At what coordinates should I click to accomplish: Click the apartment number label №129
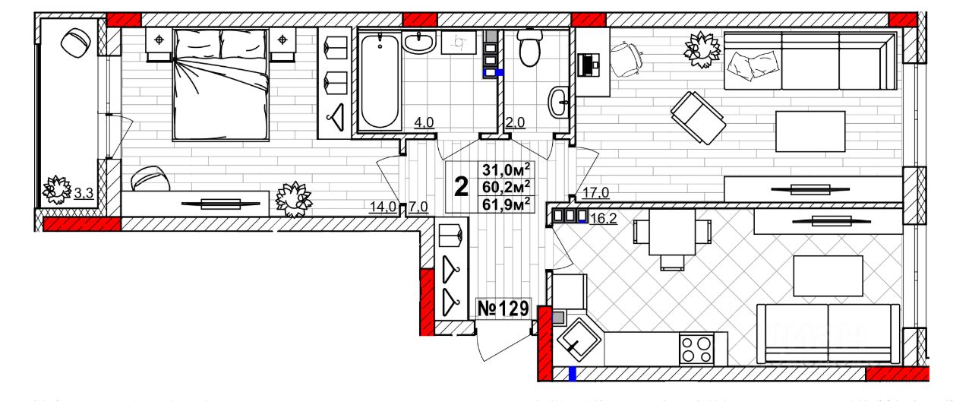tap(502, 309)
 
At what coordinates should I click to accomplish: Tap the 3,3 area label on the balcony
tap(83, 193)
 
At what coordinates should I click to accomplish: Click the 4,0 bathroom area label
tap(423, 121)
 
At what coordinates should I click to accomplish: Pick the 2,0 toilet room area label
tap(516, 121)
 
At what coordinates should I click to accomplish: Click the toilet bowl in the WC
tap(529, 49)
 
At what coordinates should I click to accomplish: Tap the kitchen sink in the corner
tap(578, 340)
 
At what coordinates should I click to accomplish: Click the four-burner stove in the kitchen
tap(696, 350)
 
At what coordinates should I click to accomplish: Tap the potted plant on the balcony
tap(55, 189)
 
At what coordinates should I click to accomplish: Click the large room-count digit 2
tap(461, 186)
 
